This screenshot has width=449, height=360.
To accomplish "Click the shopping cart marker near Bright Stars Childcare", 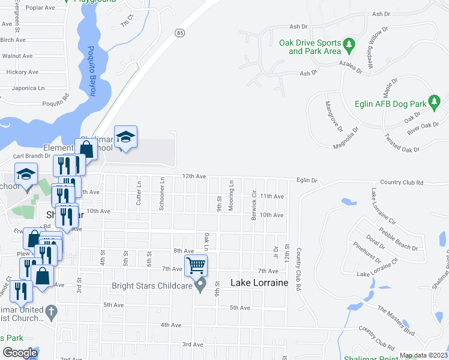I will pos(197,264).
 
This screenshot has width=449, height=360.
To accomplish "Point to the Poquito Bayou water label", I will pos(90,62).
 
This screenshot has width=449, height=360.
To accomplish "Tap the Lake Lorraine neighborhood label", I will pos(260,282).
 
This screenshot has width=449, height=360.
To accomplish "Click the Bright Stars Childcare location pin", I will pos(202,286).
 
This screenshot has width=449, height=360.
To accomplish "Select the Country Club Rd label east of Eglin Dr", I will pos(402,182).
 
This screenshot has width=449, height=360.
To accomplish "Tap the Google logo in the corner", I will pos(19,353).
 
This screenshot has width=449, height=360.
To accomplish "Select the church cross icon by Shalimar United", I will pos(52,311).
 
